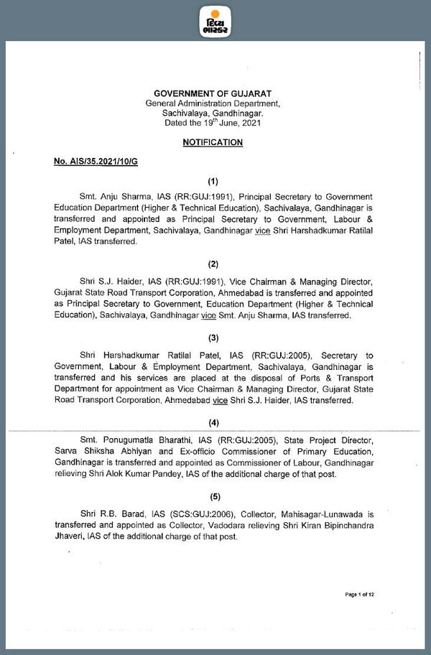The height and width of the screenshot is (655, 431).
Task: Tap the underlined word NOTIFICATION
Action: click(213, 142)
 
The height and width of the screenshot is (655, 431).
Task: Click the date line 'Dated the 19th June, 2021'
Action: click(213, 123)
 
